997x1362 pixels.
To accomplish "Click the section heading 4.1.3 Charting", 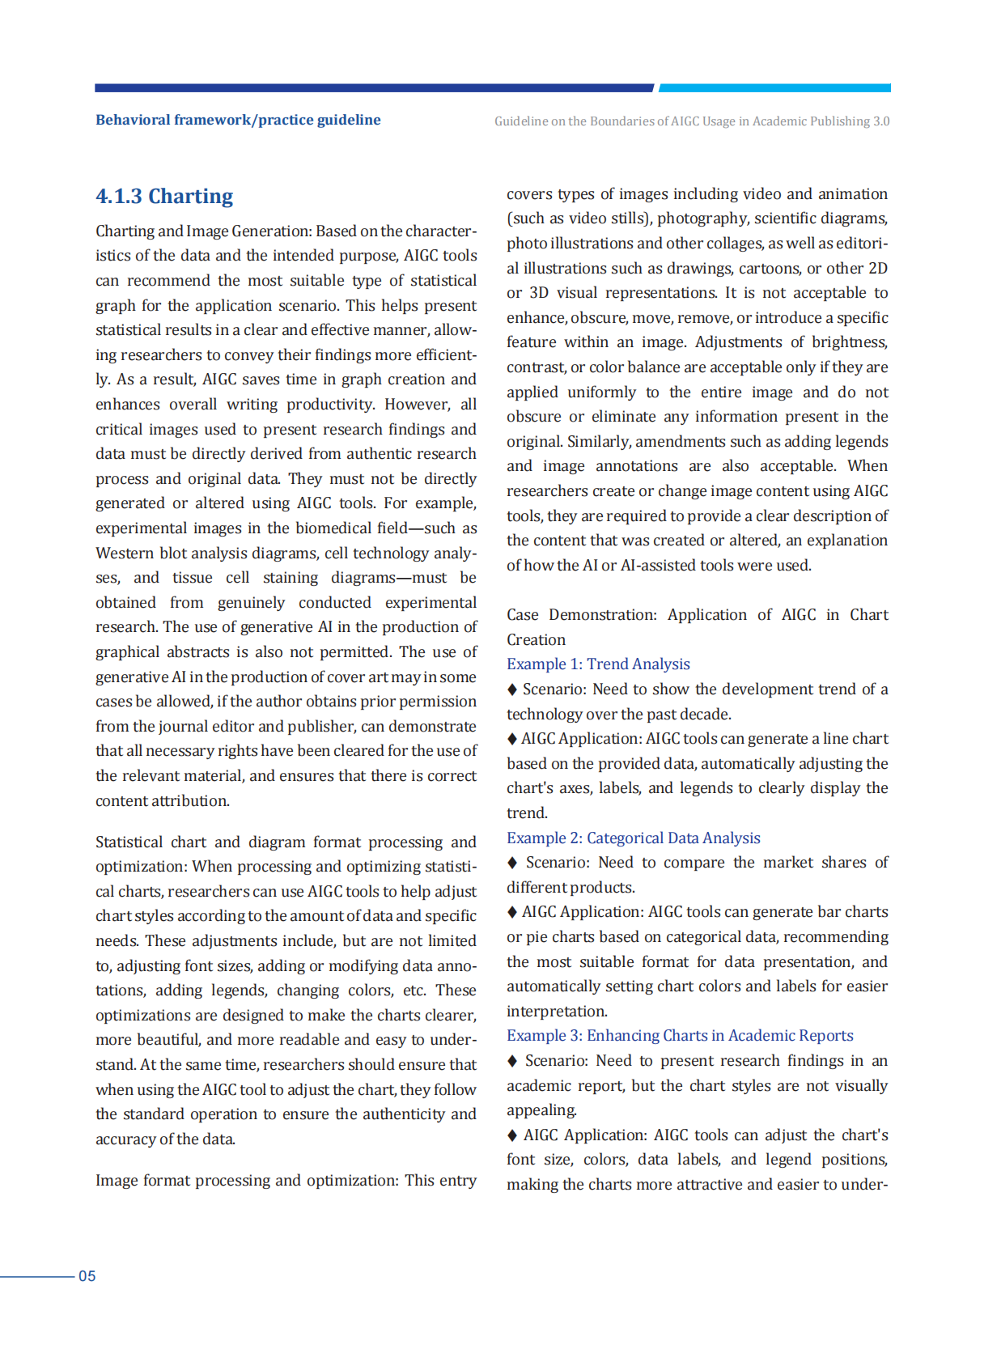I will [164, 197].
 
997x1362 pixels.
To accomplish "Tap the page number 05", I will [87, 1276].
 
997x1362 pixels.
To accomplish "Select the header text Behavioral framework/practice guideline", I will [238, 120].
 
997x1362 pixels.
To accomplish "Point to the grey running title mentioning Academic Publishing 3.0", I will [692, 121].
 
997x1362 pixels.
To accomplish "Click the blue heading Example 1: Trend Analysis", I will [598, 664].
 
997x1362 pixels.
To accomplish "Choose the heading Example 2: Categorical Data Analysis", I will [633, 838].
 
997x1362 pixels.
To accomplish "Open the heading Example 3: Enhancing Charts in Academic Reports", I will [680, 1036].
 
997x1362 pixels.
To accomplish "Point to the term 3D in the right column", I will [539, 293].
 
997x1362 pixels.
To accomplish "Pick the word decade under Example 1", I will [709, 715].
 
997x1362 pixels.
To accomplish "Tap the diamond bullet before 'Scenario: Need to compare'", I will [512, 863].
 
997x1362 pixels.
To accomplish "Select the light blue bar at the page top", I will [774, 87].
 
